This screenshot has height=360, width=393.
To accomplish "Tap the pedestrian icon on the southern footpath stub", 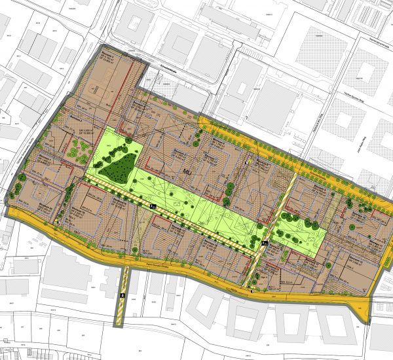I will tap(121, 295).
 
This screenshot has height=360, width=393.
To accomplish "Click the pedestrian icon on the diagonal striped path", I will tap(152, 206).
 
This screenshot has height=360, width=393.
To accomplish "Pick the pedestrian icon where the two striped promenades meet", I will tap(264, 243).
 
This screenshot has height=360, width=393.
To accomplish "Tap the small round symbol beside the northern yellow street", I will tap(248, 161).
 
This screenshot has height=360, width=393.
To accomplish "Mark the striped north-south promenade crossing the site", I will tap(275, 226).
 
